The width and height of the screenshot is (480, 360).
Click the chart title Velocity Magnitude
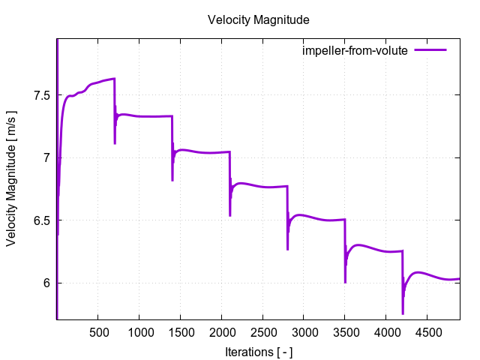pyautogui.click(x=258, y=19)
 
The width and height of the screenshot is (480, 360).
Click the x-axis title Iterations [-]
pyautogui.click(x=258, y=351)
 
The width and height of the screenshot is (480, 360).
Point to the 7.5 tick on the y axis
pyautogui.click(x=41, y=95)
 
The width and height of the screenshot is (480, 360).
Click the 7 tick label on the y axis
pyautogui.click(x=46, y=158)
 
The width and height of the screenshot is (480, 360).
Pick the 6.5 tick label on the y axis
pyautogui.click(x=41, y=220)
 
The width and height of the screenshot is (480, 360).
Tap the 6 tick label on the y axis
pyautogui.click(x=46, y=283)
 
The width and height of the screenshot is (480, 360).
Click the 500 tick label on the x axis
pyautogui.click(x=98, y=331)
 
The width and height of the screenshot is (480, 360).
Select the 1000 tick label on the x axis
pyautogui.click(x=139, y=331)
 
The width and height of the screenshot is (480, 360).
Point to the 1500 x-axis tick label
pyautogui.click(x=180, y=331)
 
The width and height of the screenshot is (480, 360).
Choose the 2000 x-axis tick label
pyautogui.click(x=221, y=331)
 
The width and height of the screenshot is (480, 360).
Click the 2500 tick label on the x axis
pyautogui.click(x=262, y=331)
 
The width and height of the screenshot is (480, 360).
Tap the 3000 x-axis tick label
pyautogui.click(x=304, y=331)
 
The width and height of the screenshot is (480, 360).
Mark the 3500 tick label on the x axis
pyautogui.click(x=345, y=331)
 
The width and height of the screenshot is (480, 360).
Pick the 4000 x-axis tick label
pyautogui.click(x=385, y=331)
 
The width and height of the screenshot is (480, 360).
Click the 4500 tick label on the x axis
pyautogui.click(x=427, y=331)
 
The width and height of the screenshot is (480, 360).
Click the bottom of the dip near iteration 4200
pyautogui.click(x=403, y=313)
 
